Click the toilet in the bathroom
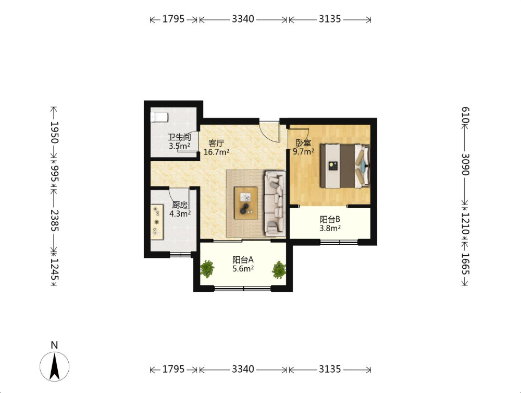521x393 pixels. pos(159,117)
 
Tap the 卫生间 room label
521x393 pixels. pos(179,137)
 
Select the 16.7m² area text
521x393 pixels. pos(216,152)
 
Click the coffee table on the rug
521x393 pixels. pos(246,203)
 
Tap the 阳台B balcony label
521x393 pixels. pos(330,219)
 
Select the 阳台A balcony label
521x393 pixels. pos(243,259)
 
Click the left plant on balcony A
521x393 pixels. pos(207,269)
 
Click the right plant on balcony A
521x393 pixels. pos(279,270)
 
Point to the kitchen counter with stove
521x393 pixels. pos(157,222)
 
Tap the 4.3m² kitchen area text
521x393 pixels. pos(180,213)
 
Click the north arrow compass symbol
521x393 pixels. pos(55,366)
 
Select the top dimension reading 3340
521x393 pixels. pos(243,19)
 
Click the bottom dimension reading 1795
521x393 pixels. pos(173,369)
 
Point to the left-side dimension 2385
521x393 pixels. pos(54,220)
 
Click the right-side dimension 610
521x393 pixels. pos(465,115)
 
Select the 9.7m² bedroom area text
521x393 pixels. pos(303,152)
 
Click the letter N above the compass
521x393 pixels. pos(54,345)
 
